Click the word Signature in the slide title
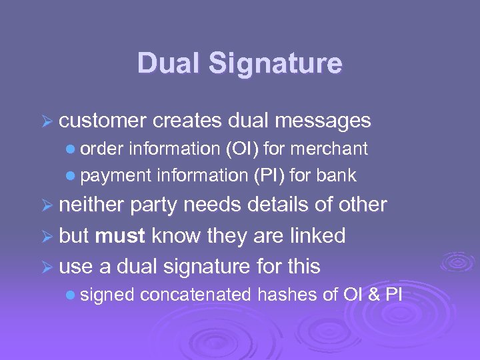pyautogui.click(x=275, y=65)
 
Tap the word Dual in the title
pyautogui.click(x=169, y=64)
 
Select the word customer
pyautogui.click(x=103, y=121)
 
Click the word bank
pyautogui.click(x=337, y=176)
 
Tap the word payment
pyautogui.click(x=117, y=176)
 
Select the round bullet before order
pyautogui.click(x=72, y=149)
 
